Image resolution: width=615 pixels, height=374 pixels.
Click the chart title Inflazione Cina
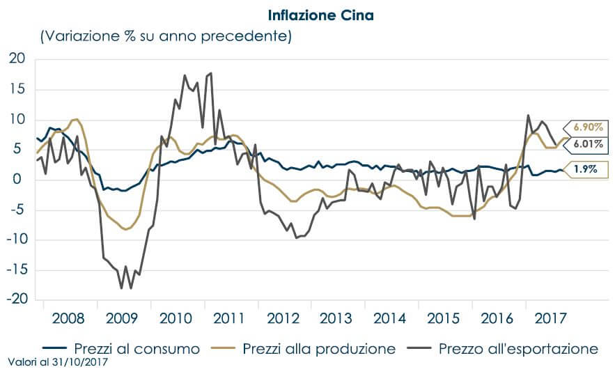coord(320,14)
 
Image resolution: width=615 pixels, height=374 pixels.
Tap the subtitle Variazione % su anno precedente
coord(166,36)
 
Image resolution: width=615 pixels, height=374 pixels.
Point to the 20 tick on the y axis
coord(17,59)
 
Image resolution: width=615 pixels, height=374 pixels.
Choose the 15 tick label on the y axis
coord(17,89)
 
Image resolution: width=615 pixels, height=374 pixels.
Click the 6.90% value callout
coord(589,127)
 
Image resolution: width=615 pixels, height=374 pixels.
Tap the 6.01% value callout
coord(589,144)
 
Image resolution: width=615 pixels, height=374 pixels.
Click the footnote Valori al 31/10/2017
coord(59,363)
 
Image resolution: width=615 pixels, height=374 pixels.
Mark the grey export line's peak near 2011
coord(210,73)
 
